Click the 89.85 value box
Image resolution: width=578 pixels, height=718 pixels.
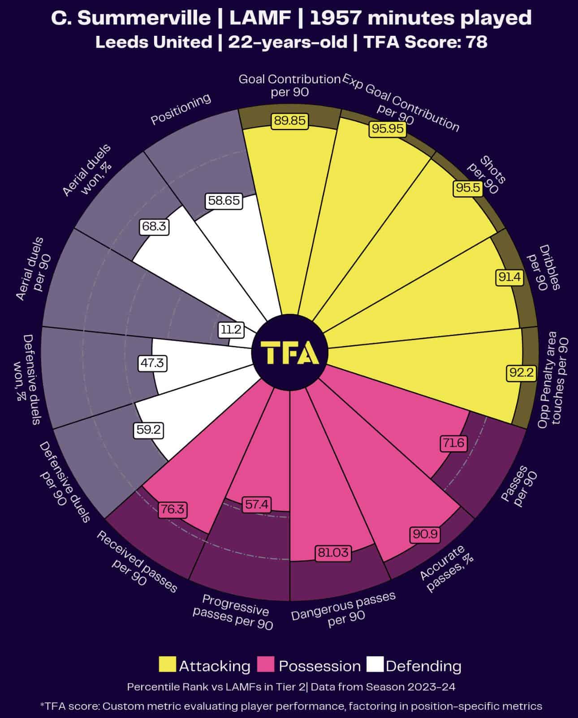coord(290,120)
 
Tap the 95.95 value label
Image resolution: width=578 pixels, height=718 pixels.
coord(388,129)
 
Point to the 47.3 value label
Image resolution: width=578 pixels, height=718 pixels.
coord(152,363)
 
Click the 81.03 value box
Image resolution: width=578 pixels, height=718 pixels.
coord(333,552)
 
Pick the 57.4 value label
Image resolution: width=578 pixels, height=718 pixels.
coord(257,504)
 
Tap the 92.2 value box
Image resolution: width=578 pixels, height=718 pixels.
coord(521,372)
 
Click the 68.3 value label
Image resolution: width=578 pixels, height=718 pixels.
coord(154,227)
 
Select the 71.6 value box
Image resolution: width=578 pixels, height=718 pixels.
coord(453,444)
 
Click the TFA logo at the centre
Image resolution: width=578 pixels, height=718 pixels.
coord(290,353)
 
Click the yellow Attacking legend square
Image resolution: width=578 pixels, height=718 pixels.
coord(168,665)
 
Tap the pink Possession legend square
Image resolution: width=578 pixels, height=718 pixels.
coord(267,665)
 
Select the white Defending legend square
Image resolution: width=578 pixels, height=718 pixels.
coord(375,665)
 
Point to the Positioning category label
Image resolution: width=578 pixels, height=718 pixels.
coord(181,109)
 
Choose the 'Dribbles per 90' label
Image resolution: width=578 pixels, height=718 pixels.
coord(544,268)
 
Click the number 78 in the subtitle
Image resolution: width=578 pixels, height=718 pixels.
coord(476,42)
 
